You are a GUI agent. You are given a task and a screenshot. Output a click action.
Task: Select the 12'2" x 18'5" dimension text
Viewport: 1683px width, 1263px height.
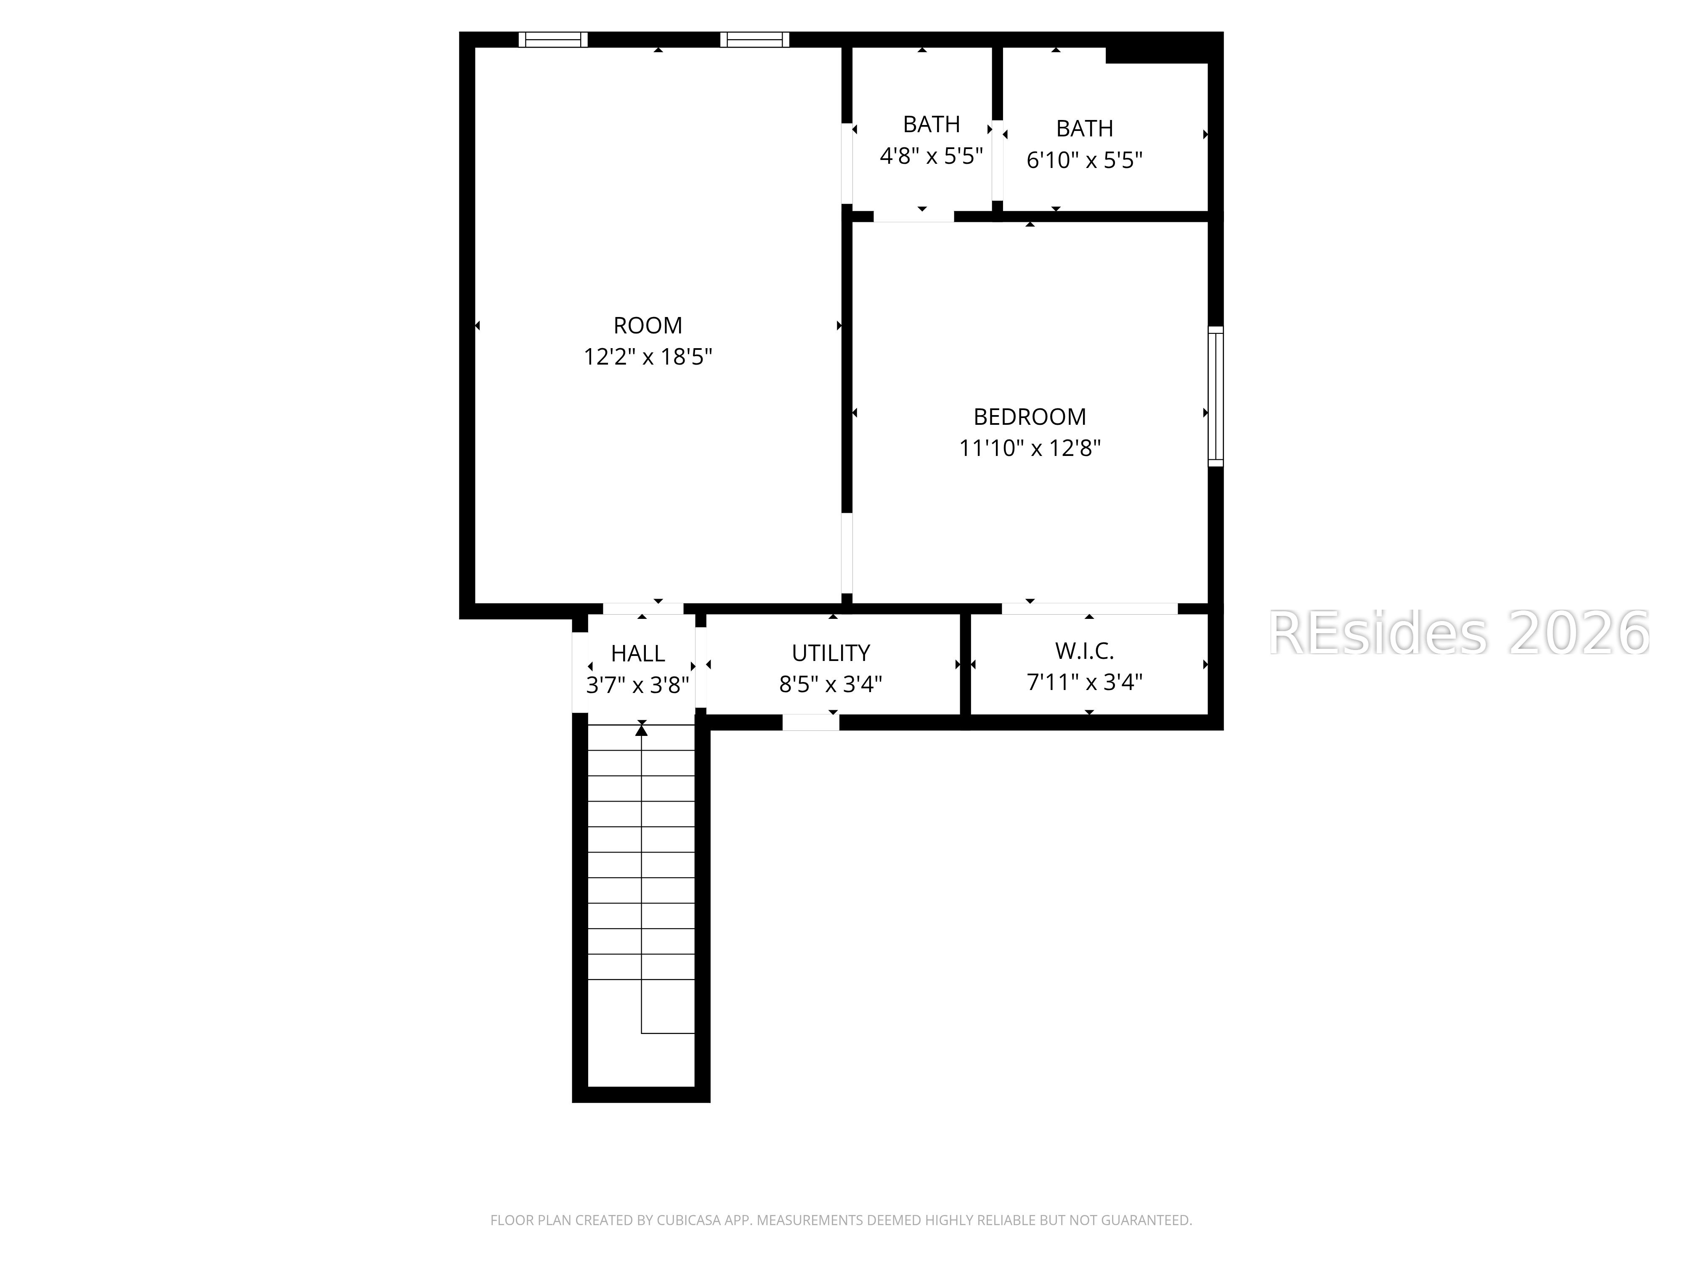648,357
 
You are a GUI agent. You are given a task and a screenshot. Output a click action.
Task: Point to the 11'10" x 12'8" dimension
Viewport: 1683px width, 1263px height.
1030,448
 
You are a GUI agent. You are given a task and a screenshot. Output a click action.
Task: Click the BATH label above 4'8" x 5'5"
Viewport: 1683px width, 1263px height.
931,124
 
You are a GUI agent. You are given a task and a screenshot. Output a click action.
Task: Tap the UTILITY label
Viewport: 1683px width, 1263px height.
831,653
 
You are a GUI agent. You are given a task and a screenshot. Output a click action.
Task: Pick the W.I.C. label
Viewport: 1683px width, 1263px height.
1084,651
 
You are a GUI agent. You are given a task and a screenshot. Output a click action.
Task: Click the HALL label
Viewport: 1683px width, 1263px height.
637,653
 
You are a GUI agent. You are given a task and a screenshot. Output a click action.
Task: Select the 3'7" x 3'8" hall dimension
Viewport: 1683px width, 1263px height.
637,685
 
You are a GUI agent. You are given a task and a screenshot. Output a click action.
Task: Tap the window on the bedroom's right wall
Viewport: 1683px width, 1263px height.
1216,396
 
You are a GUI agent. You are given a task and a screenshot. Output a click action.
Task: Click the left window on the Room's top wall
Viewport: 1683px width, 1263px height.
553,40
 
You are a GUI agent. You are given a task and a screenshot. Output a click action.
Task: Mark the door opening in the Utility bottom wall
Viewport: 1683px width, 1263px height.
810,722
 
